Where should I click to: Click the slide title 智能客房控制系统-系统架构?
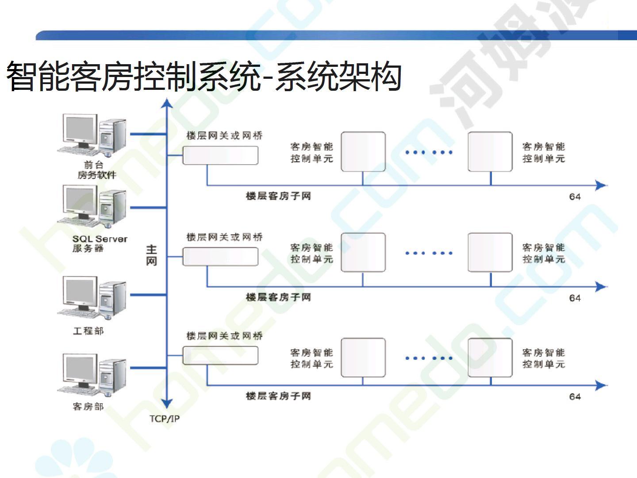click(x=204, y=76)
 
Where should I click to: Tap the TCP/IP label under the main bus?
click(x=165, y=419)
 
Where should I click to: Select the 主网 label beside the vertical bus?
click(x=151, y=255)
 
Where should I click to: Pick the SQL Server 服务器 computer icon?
click(x=92, y=206)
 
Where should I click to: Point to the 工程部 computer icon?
click(x=92, y=298)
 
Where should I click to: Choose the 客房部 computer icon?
click(x=92, y=375)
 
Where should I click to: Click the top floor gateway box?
click(x=220, y=155)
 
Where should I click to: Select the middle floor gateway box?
click(x=220, y=257)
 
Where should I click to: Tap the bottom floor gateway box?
click(x=220, y=355)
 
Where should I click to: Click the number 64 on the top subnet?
click(x=575, y=197)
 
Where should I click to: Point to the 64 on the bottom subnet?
click(x=575, y=397)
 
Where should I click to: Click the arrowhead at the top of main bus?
click(x=167, y=103)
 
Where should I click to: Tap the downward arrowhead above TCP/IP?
click(x=167, y=403)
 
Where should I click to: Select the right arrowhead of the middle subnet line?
click(x=601, y=287)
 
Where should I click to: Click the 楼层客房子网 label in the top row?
click(x=278, y=196)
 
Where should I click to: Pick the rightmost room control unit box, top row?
click(x=490, y=151)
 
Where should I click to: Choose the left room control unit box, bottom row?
click(x=363, y=358)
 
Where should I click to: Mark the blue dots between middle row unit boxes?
click(x=429, y=253)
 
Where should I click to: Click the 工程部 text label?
click(x=88, y=331)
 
